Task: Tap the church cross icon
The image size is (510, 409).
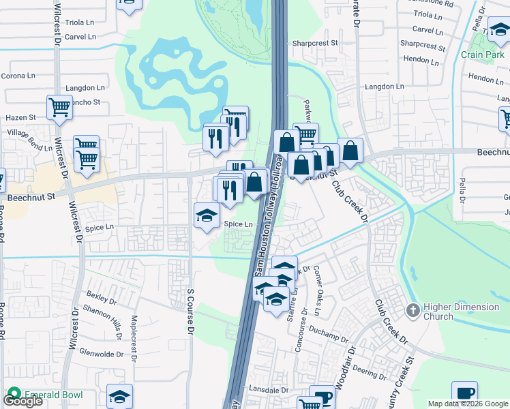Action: pos(412,311)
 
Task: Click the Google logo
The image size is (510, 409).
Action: pos(22,401)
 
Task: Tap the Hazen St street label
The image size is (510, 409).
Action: pos(20,118)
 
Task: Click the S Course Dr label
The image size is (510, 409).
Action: pos(191,311)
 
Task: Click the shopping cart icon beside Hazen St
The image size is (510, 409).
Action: pos(59,108)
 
